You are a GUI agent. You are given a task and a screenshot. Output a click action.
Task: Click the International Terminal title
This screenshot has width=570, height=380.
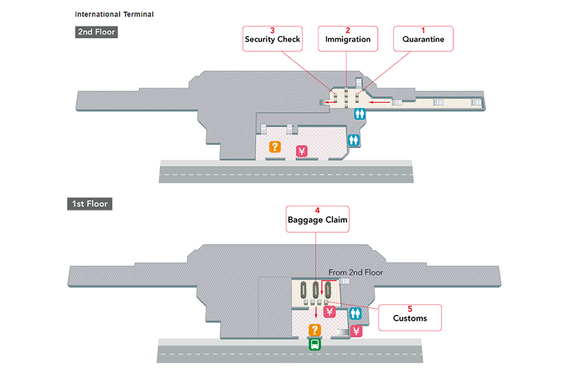(114, 14)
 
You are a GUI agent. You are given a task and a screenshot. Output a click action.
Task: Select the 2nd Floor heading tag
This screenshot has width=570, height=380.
(96, 32)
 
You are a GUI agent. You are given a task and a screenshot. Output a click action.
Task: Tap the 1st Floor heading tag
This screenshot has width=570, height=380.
(89, 204)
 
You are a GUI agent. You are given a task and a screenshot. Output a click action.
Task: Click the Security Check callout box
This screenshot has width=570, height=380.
(272, 38)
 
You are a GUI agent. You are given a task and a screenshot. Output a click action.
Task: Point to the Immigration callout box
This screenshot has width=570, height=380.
(348, 38)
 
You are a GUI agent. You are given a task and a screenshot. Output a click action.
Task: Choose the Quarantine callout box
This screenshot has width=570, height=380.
(423, 38)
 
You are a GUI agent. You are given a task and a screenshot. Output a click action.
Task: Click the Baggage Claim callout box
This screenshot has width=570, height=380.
(317, 219)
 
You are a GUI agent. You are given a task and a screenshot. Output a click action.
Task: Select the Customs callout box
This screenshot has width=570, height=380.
(410, 317)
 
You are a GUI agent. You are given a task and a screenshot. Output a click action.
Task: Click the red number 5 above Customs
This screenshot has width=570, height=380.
(410, 309)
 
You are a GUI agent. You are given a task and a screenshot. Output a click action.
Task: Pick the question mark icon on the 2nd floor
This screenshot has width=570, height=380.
(274, 147)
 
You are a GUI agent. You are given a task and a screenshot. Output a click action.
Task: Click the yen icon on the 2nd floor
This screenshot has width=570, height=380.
(302, 152)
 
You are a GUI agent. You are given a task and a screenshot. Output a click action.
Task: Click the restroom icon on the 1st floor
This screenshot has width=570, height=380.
(356, 313)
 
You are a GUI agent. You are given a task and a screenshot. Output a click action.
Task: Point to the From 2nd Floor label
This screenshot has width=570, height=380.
(355, 273)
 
